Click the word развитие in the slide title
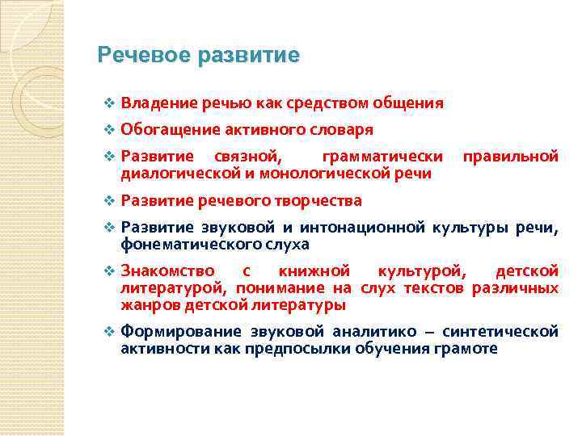tap(248, 55)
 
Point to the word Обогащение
tap(164, 129)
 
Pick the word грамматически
tap(382, 156)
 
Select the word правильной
tap(509, 156)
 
